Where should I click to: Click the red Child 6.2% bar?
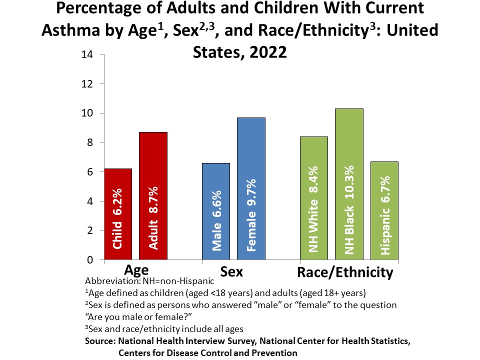118,215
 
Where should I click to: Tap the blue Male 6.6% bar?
216,212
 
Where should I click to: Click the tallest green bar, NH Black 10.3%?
349,184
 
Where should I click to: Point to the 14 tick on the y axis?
87,54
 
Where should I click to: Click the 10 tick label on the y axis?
87,113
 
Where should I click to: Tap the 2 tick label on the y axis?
90,231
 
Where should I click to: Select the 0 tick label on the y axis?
90,260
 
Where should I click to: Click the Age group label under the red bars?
136,270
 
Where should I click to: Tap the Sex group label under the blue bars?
231,272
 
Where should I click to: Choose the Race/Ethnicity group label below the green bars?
345,272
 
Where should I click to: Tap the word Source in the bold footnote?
100,341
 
